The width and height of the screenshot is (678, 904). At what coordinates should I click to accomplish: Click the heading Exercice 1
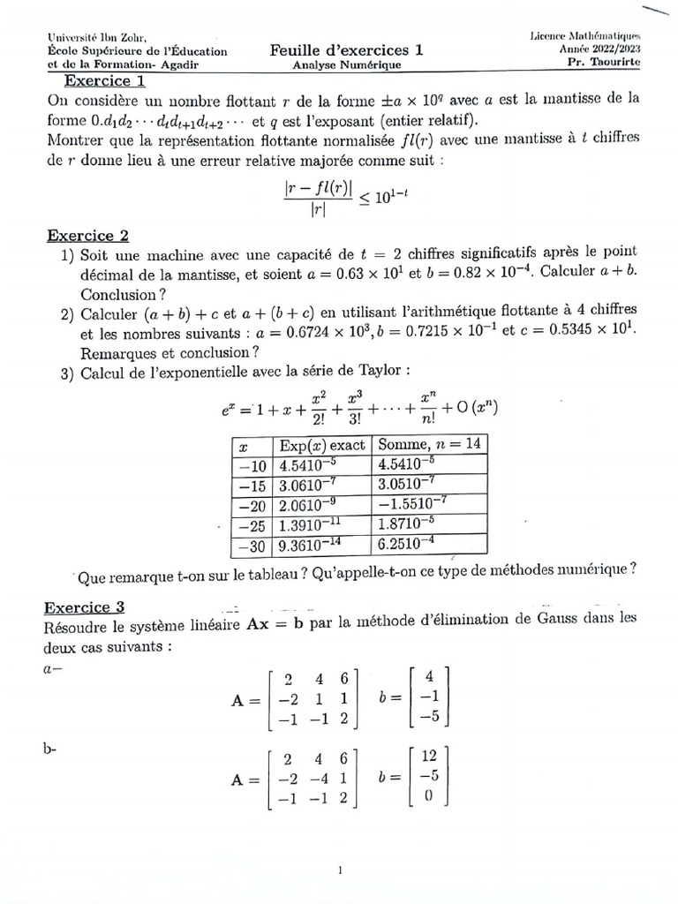[103, 82]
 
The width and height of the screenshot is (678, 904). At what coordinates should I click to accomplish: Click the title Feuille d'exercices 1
[346, 50]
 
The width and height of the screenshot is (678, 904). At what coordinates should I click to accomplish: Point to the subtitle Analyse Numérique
[346, 65]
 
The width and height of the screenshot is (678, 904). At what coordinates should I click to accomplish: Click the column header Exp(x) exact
[322, 445]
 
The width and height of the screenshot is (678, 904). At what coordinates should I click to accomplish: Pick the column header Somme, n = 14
[428, 445]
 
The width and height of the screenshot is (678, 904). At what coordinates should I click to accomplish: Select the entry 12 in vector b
[429, 757]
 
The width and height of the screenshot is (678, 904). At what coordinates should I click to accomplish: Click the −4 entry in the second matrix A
[314, 778]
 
